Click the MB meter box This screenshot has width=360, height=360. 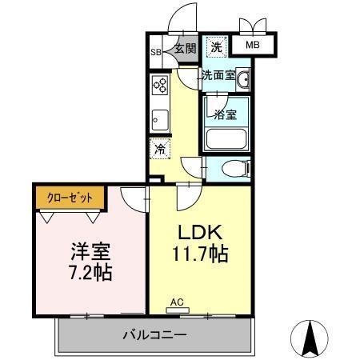[x=253, y=46]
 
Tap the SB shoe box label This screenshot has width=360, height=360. [x=156, y=54]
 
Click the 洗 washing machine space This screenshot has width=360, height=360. [x=216, y=47]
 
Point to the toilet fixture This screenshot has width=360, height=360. [x=235, y=169]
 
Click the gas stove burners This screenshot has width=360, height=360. [x=158, y=86]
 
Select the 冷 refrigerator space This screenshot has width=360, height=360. [x=160, y=148]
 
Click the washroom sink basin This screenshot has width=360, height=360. [x=242, y=80]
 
